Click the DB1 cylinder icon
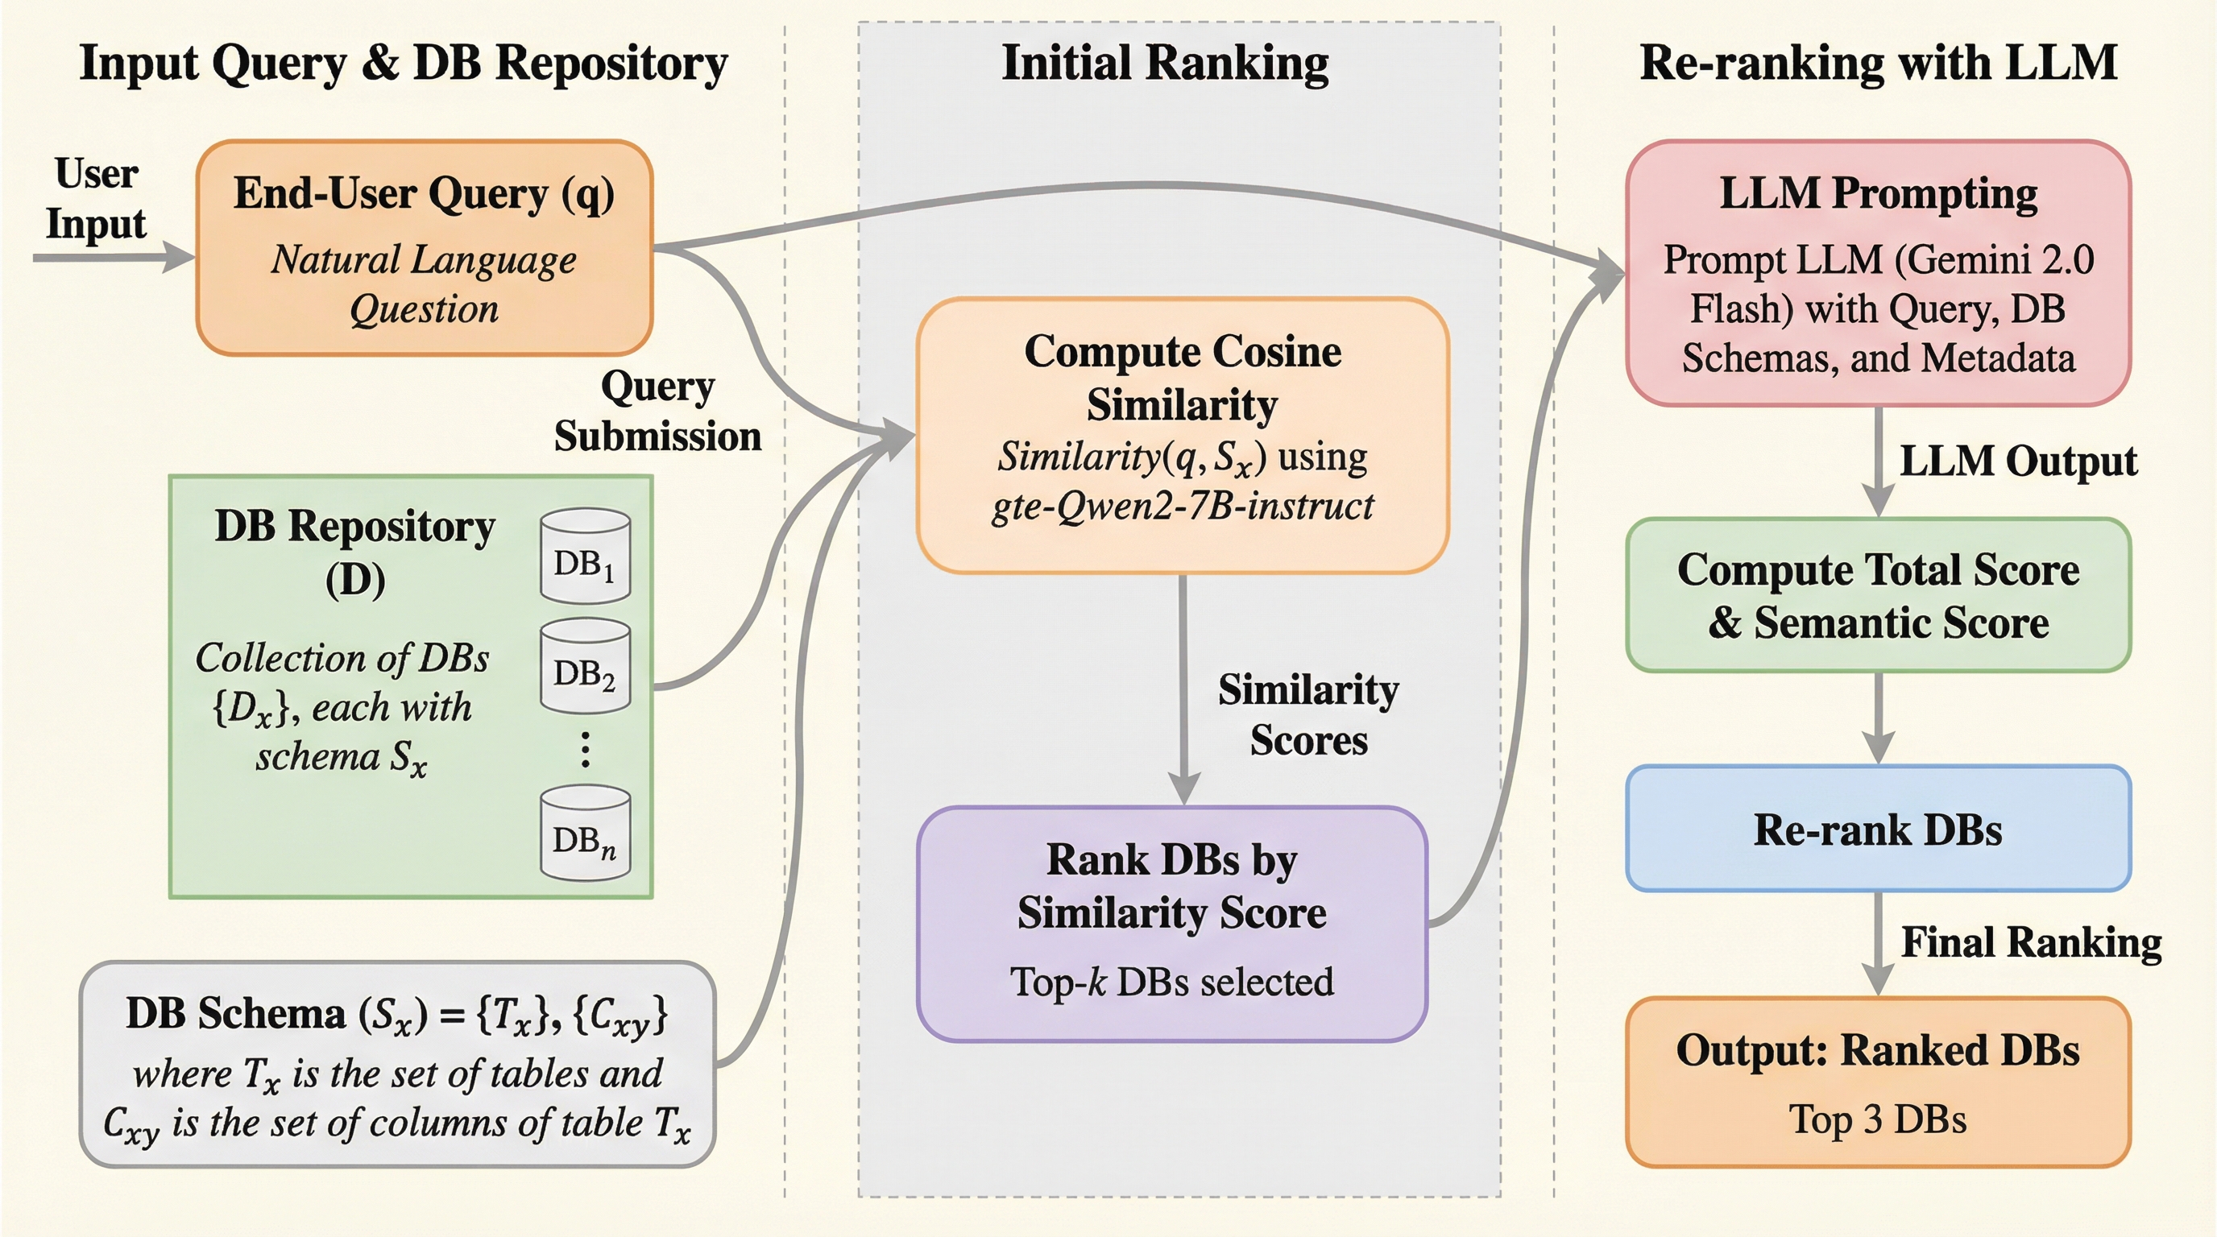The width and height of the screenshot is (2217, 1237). point(585,556)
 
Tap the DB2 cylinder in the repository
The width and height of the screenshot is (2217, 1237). point(585,666)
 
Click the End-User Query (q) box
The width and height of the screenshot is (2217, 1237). point(425,248)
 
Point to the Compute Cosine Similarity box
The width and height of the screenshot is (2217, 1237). point(1183,435)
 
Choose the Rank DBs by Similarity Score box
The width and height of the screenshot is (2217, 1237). point(1171,924)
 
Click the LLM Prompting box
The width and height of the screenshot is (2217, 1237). point(1878,273)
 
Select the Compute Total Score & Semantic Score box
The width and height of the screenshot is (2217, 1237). point(1878,595)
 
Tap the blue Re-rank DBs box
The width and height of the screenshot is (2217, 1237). point(1878,829)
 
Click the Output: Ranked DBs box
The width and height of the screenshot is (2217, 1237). point(1878,1082)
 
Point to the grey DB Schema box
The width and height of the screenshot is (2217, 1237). point(398,1065)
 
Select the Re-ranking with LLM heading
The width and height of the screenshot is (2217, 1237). point(1878,63)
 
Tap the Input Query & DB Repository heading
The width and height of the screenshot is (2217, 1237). point(404,63)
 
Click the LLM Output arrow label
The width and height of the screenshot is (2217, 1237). point(2017,461)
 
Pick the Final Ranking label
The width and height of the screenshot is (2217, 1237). point(2031,942)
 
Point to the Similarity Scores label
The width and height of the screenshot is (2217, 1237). point(1308,715)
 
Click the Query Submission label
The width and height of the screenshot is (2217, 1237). point(657,412)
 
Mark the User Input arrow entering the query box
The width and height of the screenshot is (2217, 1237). point(112,256)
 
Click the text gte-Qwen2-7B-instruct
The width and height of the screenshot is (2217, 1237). point(1183,506)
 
